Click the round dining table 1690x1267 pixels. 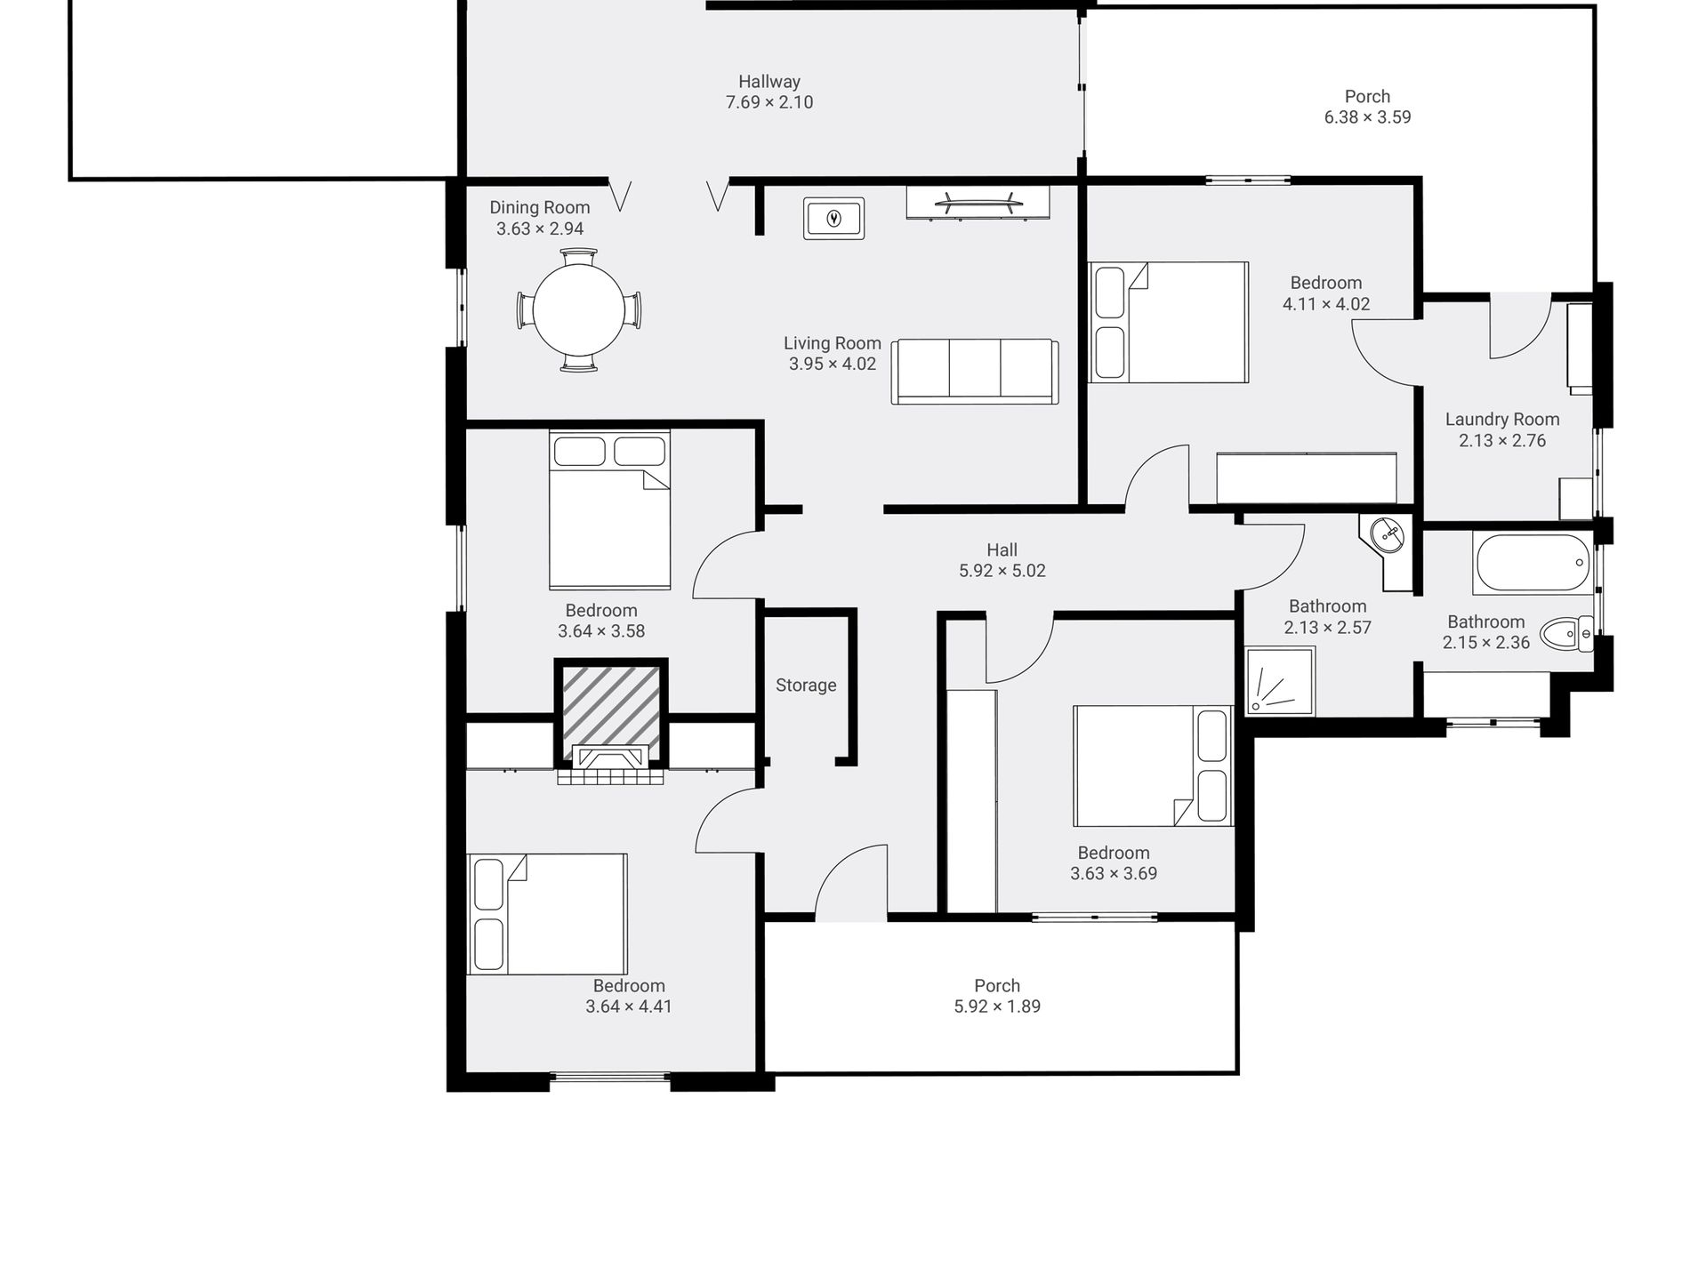(x=579, y=310)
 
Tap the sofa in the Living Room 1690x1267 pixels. (x=975, y=372)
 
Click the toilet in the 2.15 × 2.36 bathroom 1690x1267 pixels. (x=1566, y=634)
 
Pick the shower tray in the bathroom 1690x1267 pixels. (x=1280, y=681)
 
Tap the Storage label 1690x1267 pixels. (x=806, y=685)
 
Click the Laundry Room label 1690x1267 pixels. (x=1502, y=420)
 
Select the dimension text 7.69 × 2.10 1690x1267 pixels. (x=769, y=102)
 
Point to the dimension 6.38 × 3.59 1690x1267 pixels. (x=1367, y=117)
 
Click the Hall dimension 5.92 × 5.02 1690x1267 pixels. (x=1002, y=571)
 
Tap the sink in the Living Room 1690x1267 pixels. (x=834, y=218)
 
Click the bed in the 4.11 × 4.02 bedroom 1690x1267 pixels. (x=1169, y=322)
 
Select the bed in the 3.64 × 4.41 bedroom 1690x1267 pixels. (x=547, y=914)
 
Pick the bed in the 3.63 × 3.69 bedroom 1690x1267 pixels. (x=1154, y=766)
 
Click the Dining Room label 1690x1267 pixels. (x=540, y=207)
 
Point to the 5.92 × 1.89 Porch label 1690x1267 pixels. (x=997, y=985)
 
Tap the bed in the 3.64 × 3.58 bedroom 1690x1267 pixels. (x=609, y=509)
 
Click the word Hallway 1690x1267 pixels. (x=769, y=82)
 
